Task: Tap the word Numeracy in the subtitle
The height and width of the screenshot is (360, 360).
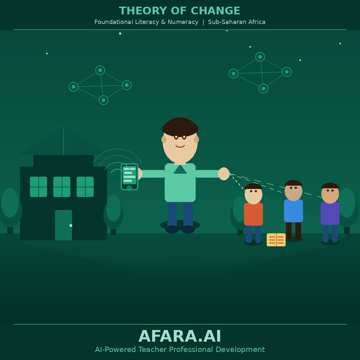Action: [x=183, y=22]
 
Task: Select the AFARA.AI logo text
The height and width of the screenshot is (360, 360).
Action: [x=180, y=336]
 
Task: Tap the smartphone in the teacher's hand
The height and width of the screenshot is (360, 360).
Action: [x=129, y=177]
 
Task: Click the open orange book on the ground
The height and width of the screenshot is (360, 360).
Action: [x=276, y=240]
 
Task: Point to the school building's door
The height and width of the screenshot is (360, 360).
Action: [x=63, y=225]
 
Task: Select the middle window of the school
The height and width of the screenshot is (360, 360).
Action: [x=62, y=187]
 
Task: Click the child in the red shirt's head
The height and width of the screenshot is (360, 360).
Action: [x=253, y=193]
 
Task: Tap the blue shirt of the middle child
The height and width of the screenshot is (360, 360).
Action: [x=293, y=211]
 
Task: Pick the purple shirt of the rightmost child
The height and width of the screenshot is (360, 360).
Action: [x=330, y=213]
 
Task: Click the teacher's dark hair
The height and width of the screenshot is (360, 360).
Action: [x=180, y=126]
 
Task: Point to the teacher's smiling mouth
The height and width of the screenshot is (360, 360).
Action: [x=180, y=146]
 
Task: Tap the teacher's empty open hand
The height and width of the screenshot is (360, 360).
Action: [x=224, y=174]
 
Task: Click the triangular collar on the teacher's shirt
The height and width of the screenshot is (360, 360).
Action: [x=180, y=170]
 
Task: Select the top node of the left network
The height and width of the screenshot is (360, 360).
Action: [x=100, y=70]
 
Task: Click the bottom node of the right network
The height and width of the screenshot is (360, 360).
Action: [x=263, y=88]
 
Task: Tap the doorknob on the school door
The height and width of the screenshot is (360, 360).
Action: [x=71, y=226]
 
